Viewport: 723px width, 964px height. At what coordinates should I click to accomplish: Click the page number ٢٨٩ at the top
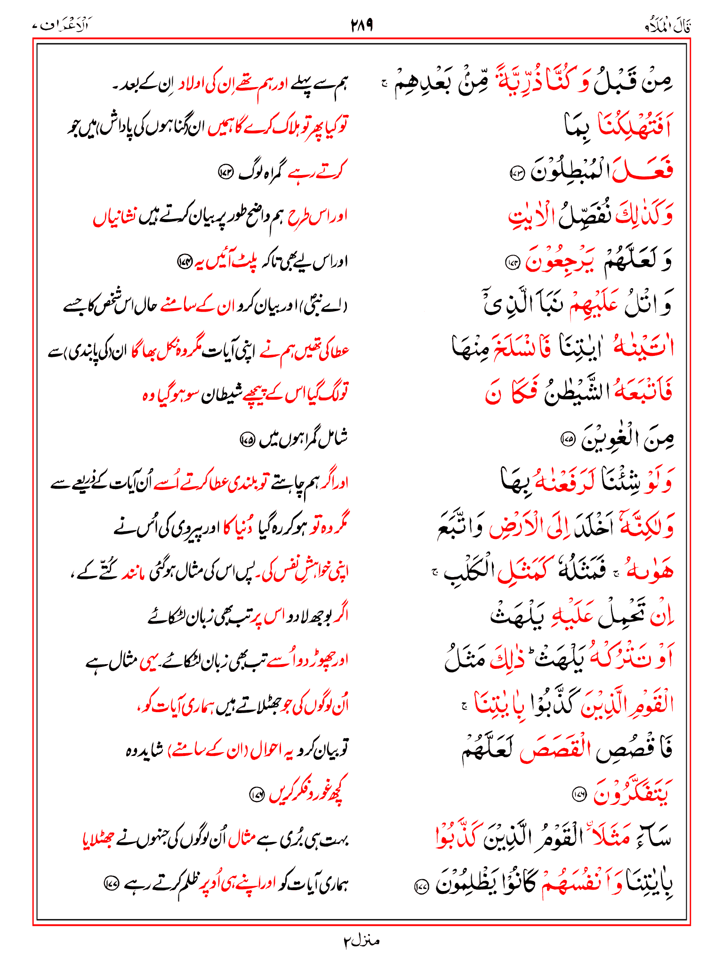pyautogui.click(x=361, y=24)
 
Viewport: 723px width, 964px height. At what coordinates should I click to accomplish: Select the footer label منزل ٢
pyautogui.click(x=361, y=941)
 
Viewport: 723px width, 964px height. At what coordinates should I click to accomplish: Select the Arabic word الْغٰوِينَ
pyautogui.click(x=607, y=438)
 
